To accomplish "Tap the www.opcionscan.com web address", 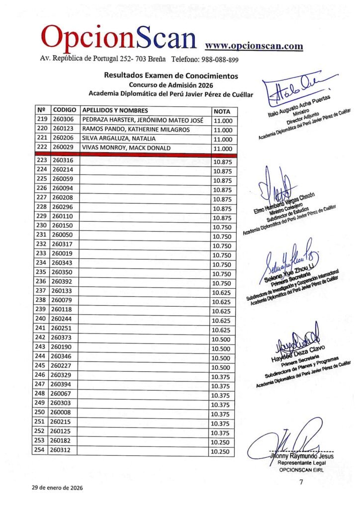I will [x=254, y=46].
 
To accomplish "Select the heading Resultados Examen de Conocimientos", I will [x=171, y=76].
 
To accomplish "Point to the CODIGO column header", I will [x=64, y=110].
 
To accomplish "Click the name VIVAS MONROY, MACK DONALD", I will [x=126, y=149].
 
